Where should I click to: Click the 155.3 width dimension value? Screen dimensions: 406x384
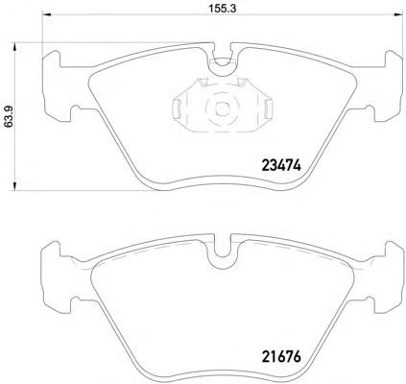point(223,9)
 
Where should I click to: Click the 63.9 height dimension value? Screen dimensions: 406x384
point(9,117)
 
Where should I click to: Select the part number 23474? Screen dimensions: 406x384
point(281,165)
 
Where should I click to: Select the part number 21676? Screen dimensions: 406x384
point(281,357)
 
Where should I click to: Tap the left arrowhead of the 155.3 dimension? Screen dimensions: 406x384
point(47,14)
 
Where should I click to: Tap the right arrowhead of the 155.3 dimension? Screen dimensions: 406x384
point(398,14)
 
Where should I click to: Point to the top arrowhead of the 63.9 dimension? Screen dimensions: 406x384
point(14,47)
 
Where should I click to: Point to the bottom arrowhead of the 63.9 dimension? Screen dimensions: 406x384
point(14,186)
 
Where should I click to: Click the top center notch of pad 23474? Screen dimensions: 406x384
point(223,60)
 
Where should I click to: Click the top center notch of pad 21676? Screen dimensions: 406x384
point(223,252)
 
